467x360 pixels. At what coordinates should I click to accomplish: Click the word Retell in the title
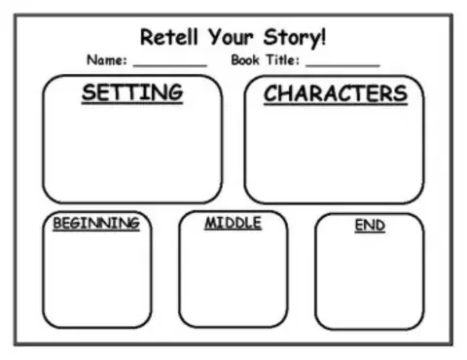167,38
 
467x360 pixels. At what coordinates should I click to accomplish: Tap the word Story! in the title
296,38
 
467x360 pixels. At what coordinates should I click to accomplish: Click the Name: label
107,60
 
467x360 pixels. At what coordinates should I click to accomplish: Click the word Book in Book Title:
248,60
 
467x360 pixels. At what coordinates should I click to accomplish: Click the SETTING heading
131,93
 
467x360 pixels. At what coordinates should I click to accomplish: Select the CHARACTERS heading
335,94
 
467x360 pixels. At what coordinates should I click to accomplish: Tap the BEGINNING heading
96,224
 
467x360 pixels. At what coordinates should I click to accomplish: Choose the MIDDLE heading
233,223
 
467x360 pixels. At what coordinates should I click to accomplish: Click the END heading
370,226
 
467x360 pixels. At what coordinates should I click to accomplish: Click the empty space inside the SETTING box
131,151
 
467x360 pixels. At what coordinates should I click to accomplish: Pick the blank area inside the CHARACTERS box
335,151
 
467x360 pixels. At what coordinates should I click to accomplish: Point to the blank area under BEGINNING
96,277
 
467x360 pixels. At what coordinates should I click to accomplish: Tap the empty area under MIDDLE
233,277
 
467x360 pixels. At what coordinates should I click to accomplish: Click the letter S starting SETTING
89,93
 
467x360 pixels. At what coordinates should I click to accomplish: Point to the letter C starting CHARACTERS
271,94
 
